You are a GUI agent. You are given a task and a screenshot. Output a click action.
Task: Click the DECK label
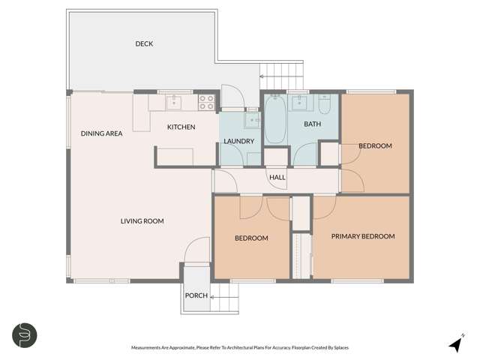(x=144, y=44)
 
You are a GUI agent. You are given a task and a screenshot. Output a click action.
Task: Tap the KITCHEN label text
(x=181, y=127)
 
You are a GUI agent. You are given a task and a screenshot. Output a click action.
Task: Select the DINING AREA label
(x=101, y=134)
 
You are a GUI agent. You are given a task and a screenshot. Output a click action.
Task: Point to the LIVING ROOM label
(x=142, y=221)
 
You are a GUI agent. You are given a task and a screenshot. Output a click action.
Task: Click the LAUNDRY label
(x=238, y=141)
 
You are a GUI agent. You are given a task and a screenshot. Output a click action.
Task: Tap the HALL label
(x=277, y=178)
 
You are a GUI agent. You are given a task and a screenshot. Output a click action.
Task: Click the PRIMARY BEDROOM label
(x=363, y=237)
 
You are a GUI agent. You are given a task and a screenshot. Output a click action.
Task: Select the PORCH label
(x=196, y=295)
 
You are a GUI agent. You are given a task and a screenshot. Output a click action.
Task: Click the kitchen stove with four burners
(x=207, y=102)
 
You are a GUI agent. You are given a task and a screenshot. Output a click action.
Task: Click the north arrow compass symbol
(x=454, y=343)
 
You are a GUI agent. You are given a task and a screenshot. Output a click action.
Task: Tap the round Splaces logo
(x=25, y=335)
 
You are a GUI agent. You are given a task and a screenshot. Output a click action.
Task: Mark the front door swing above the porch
(x=199, y=250)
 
